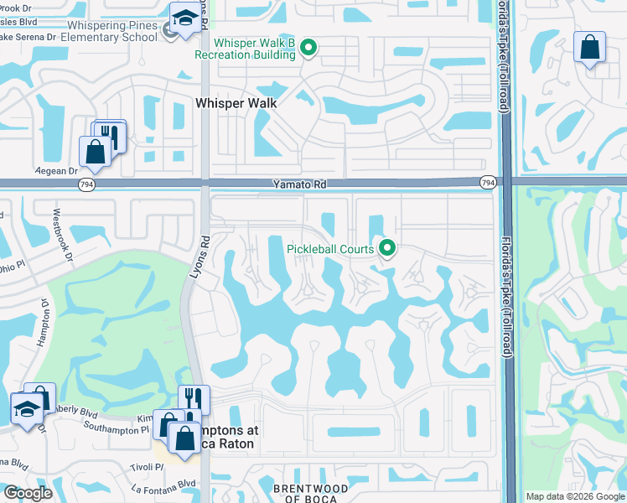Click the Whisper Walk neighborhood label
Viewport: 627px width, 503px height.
(x=236, y=103)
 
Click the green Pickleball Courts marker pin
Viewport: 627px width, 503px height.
(x=387, y=247)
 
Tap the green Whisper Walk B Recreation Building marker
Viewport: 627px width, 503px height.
(x=308, y=49)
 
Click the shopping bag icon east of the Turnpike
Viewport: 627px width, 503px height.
(x=589, y=48)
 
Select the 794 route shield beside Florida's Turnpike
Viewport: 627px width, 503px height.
(x=488, y=181)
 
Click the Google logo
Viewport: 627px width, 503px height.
(x=28, y=493)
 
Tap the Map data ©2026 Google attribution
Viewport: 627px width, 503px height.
(x=574, y=496)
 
